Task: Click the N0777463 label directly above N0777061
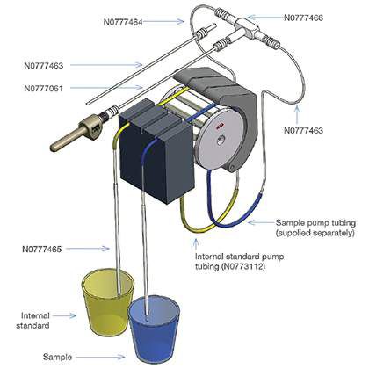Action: point(47,64)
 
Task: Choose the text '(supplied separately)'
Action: point(316,234)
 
